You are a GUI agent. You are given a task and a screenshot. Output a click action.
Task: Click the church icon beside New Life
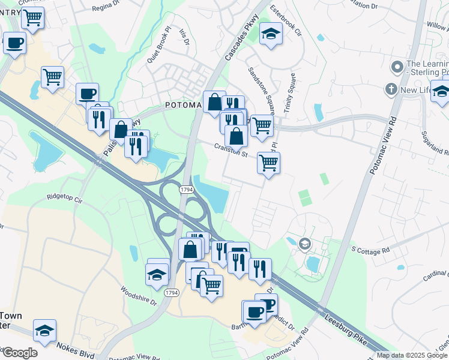tap(391, 90)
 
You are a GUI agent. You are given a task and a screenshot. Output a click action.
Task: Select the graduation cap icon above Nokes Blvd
tap(44, 330)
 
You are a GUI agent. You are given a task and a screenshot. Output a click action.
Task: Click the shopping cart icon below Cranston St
tap(268, 162)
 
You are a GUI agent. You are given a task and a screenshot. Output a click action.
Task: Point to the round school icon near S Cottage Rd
tap(305, 243)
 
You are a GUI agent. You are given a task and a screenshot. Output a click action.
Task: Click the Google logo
tap(20, 353)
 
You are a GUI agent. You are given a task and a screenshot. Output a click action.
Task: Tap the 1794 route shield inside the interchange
tap(186, 190)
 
